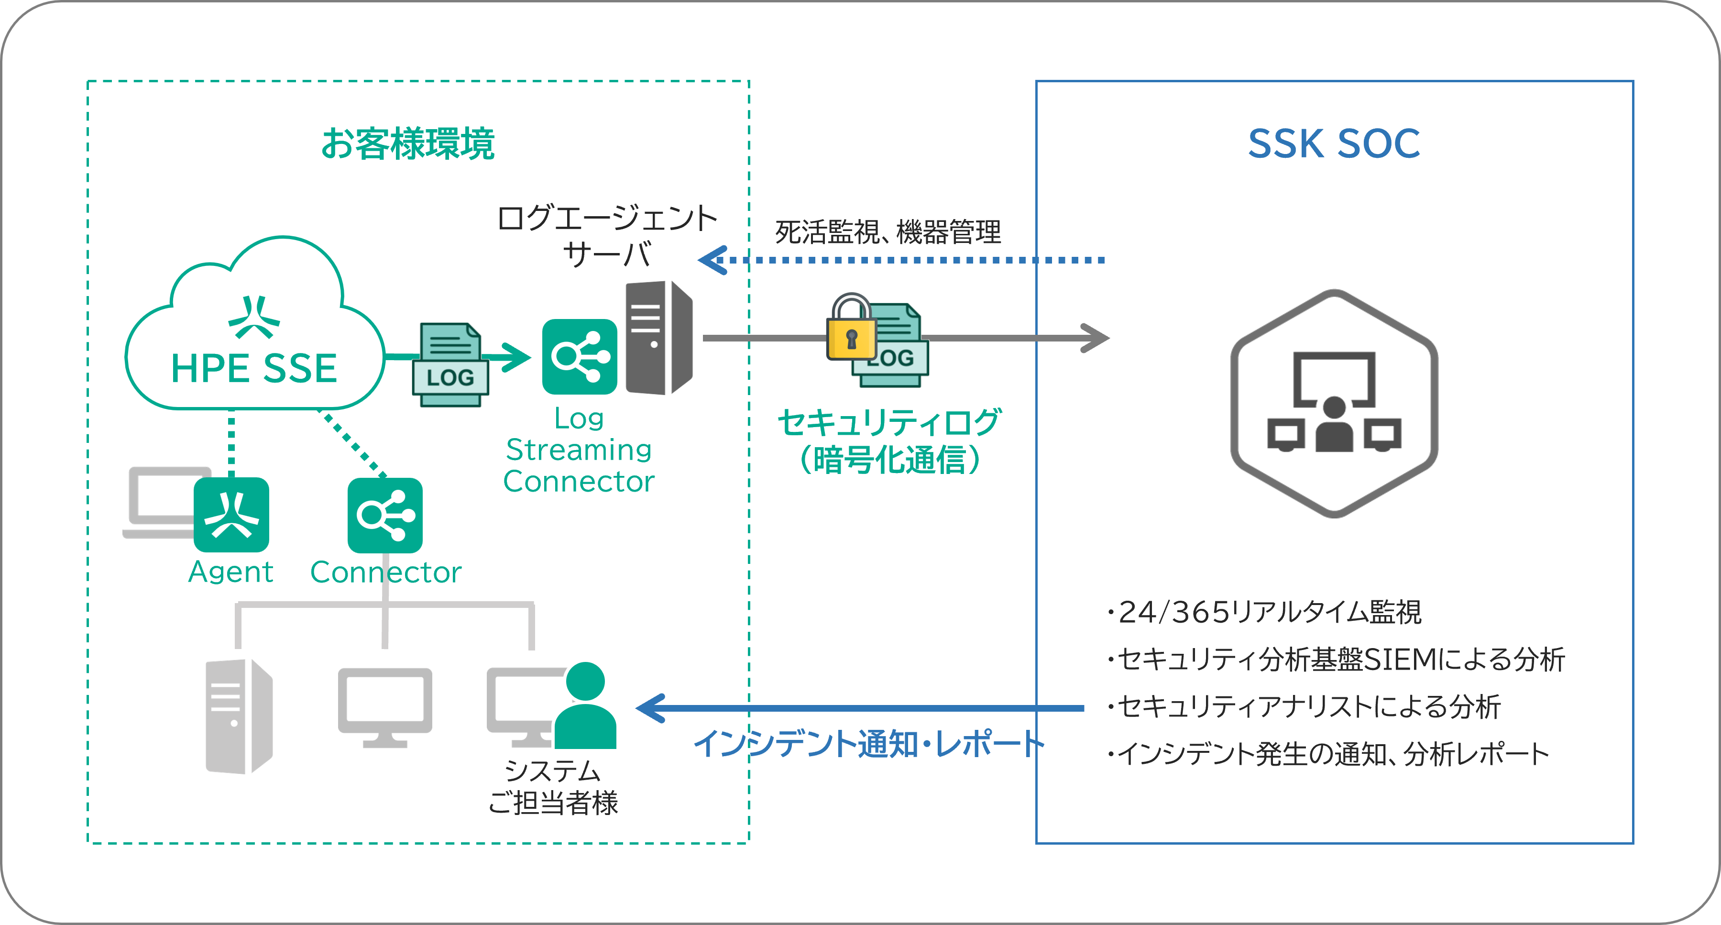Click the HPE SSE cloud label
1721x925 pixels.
[x=254, y=368]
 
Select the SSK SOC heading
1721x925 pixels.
[x=1334, y=143]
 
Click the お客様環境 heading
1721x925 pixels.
[x=407, y=143]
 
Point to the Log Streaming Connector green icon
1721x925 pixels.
[x=579, y=357]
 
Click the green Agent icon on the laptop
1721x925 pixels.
[x=231, y=515]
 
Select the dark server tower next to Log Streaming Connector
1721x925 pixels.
[x=658, y=338]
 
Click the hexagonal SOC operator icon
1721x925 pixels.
[x=1334, y=404]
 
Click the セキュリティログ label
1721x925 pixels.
[x=888, y=422]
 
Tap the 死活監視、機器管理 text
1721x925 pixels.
[x=887, y=232]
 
